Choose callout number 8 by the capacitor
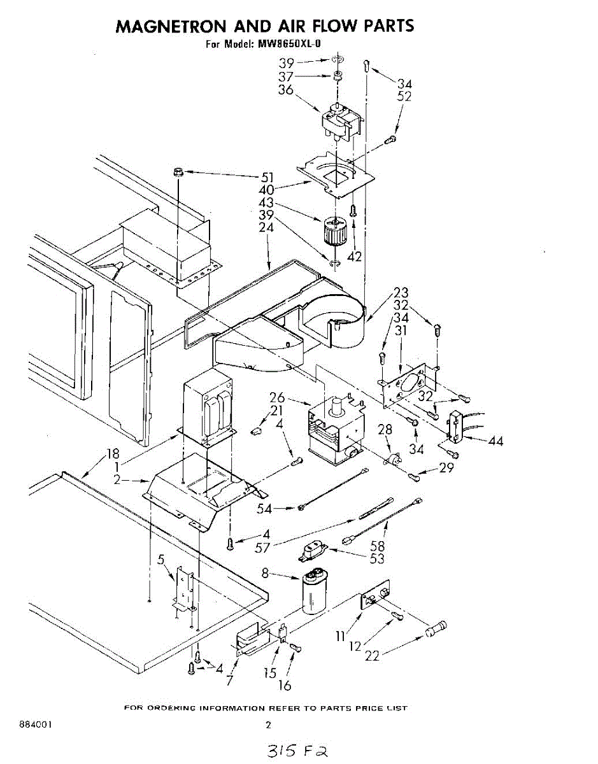(265, 573)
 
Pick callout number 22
(372, 655)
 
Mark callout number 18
(113, 454)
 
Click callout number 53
(377, 558)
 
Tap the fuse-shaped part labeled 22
(436, 629)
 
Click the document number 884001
(36, 725)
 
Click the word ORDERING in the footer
(170, 708)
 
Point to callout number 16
(285, 685)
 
